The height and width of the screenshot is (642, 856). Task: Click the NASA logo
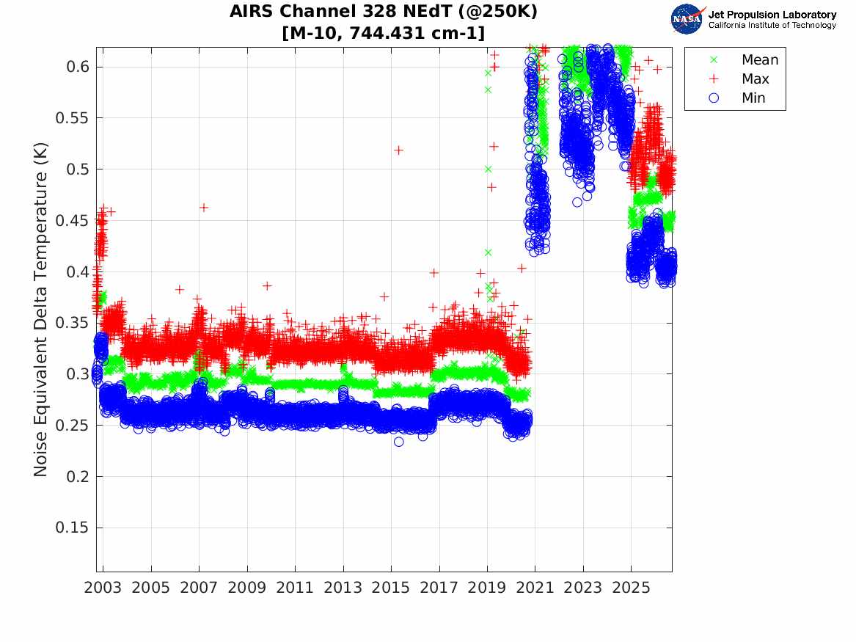(688, 19)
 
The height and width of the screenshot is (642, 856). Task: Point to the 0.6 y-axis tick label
(77, 67)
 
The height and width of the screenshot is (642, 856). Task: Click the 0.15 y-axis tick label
(71, 528)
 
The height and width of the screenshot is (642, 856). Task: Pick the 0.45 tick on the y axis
(71, 221)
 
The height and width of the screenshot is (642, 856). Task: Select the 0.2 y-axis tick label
(77, 477)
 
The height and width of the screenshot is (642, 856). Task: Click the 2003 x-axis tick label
(103, 588)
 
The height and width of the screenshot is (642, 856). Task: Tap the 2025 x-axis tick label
(631, 588)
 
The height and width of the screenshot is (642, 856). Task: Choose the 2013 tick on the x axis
(343, 588)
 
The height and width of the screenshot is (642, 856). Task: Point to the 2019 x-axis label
(487, 588)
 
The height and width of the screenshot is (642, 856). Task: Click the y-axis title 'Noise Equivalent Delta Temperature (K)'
(41, 310)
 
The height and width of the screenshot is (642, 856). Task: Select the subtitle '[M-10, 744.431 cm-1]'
(383, 33)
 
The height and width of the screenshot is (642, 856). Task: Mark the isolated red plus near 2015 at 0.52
(398, 150)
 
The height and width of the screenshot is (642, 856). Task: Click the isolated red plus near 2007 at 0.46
(204, 208)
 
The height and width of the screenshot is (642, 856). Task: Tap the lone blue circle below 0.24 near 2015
(399, 442)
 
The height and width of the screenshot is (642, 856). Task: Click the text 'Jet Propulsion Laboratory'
(772, 15)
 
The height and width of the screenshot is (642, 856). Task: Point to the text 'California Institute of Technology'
(772, 25)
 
